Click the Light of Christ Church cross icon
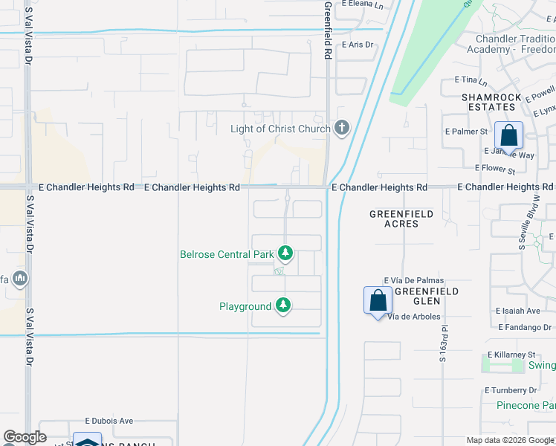click(342, 129)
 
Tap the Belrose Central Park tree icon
click(284, 254)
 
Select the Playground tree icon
click(282, 306)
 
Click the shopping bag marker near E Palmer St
click(508, 137)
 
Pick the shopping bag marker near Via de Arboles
click(378, 300)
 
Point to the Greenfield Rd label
click(326, 30)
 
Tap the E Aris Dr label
click(357, 45)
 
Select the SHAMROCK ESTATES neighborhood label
click(488, 102)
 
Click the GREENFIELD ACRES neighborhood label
click(401, 219)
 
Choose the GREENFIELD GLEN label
click(427, 296)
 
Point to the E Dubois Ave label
click(109, 420)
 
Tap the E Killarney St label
click(511, 355)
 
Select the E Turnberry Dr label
click(511, 390)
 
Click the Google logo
click(25, 437)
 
